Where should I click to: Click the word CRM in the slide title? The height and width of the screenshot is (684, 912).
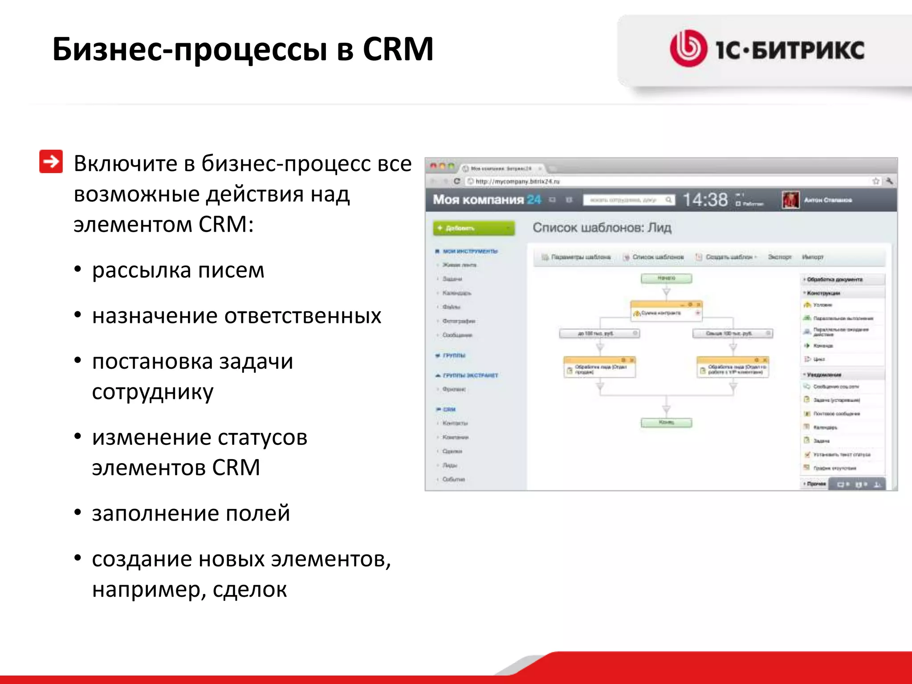pos(398,49)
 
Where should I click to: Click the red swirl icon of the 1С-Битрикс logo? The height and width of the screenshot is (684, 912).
pos(688,49)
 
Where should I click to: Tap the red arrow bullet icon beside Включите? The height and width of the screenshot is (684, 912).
pos(51,161)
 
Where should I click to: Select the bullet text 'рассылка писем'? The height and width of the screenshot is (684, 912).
pos(178,270)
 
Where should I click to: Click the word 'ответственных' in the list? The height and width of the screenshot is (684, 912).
pos(303,316)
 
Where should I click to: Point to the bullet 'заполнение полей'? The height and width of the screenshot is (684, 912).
pos(191,513)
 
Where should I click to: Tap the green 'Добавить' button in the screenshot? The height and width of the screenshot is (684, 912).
pos(473,228)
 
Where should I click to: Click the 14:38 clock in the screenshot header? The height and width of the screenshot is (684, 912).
pos(705,200)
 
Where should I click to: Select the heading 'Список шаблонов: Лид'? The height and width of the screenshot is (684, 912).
pos(602,228)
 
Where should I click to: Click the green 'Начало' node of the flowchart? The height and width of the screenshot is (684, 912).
pos(666,278)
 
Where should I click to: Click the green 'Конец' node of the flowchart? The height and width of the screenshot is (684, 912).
pos(666,422)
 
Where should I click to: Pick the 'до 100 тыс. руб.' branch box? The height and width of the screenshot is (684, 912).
pos(599,333)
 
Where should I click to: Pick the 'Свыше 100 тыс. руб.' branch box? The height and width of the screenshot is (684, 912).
pos(733,333)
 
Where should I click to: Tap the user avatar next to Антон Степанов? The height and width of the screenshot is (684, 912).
pos(790,200)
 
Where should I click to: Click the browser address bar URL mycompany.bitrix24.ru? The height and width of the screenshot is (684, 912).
pos(517,181)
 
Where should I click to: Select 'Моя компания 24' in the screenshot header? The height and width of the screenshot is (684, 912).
pos(487,199)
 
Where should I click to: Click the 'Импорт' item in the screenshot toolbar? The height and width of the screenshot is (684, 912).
pos(812,257)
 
